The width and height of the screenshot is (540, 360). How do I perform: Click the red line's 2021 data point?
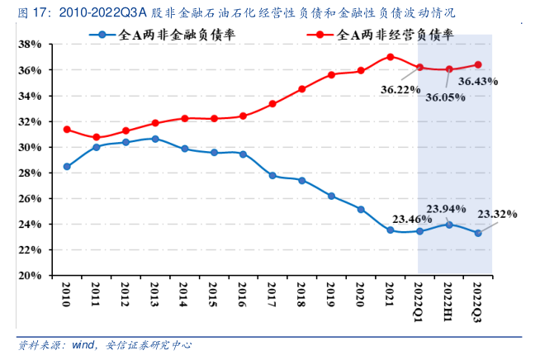(390, 57)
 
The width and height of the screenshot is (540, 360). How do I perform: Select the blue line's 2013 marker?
(155, 139)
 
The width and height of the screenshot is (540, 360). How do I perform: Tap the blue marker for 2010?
(67, 166)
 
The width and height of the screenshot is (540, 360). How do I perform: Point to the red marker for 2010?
(67, 130)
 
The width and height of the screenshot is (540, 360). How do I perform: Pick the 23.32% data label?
(497, 215)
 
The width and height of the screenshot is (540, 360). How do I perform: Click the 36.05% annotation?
(446, 97)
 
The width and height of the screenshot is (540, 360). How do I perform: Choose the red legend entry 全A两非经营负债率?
(384, 35)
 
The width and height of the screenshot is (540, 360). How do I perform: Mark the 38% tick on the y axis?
(31, 45)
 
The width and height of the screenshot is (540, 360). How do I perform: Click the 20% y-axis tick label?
(31, 276)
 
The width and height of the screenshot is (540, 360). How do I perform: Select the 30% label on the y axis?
(31, 147)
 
